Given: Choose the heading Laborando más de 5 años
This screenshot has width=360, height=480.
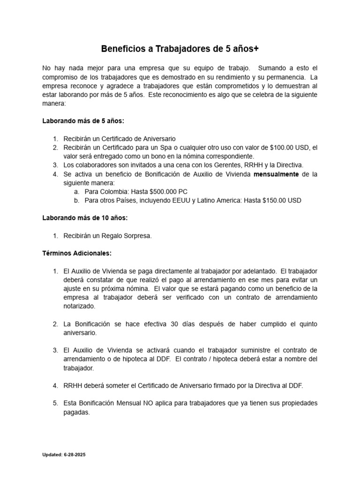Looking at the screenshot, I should coord(83,121).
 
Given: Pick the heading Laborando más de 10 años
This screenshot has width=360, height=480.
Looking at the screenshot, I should coord(85,218).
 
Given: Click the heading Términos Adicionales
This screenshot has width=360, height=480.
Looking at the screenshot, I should coord(77,253).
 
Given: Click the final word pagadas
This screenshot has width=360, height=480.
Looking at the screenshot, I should coord(76,412).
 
